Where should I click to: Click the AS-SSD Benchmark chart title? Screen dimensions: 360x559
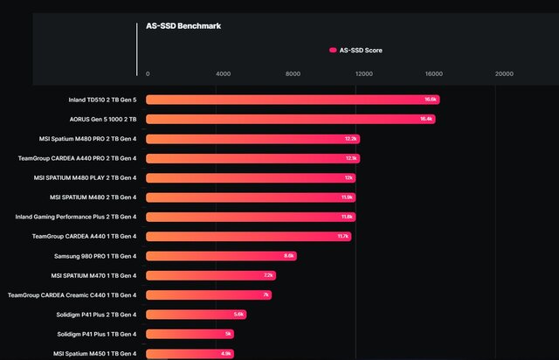coord(183,26)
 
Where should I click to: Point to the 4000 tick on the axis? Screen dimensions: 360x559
coord(223,74)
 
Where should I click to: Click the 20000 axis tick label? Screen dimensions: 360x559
coord(504,74)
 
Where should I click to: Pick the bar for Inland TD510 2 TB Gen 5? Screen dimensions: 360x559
coord(292,100)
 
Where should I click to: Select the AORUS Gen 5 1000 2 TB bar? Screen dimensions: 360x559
coord(290,119)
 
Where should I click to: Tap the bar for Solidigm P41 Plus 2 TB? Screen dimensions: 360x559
coord(196,314)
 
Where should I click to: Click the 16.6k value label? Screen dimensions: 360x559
coord(431,100)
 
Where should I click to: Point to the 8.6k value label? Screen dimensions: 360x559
coord(290,255)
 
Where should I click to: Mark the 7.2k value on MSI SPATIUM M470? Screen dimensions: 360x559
coord(268,275)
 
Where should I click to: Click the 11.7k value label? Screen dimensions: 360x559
coord(343,236)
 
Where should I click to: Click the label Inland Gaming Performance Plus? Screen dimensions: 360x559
coord(76,217)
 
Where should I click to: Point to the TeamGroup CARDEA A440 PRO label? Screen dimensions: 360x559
coord(77,158)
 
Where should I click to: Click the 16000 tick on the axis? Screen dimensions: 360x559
coord(433,74)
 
